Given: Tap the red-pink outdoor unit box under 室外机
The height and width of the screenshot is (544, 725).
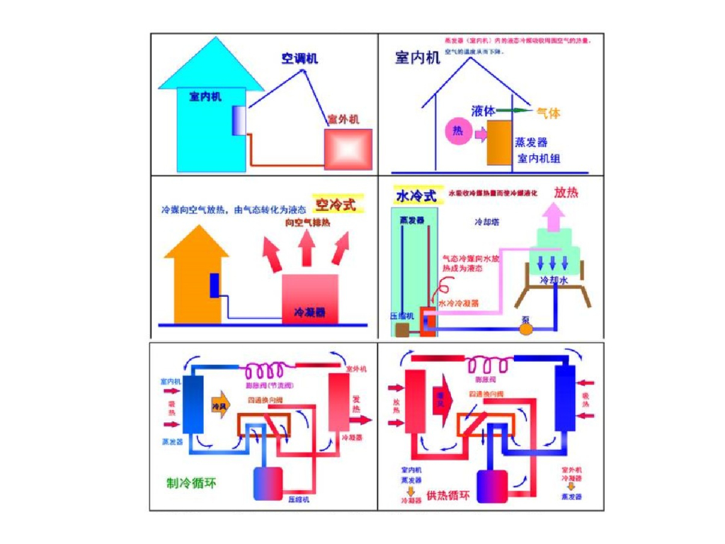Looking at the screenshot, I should (348, 149).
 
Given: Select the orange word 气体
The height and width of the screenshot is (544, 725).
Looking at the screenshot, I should (548, 113).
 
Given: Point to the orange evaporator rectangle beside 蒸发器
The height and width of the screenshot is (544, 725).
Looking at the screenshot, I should (500, 144).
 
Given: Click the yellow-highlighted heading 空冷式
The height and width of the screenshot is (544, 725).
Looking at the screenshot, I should (335, 205).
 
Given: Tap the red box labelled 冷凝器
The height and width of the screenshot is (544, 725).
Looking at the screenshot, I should (310, 297).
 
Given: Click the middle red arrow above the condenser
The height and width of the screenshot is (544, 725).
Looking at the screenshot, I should (307, 249).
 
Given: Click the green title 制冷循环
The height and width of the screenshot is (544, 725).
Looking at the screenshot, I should (191, 483).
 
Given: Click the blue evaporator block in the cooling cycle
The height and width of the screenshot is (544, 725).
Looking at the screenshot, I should (193, 404).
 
